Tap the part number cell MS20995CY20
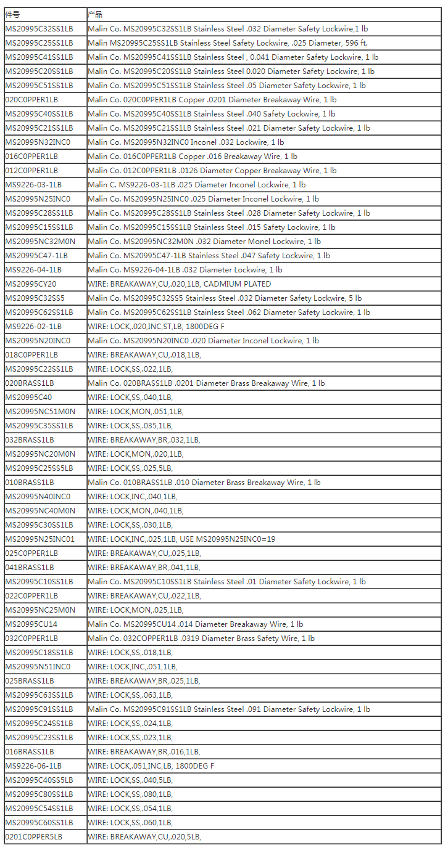coord(31,284)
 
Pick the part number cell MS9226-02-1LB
coord(33,327)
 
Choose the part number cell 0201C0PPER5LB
coord(34,837)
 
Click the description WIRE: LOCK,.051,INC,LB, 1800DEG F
coord(151,766)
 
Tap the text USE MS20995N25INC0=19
coord(228,539)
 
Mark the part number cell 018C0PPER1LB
coord(31,355)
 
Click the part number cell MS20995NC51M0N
coord(40,412)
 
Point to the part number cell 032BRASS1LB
coord(30,440)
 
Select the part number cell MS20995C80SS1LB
coord(39,794)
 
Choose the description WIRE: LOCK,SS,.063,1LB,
coord(130,695)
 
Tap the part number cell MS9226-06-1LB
coord(33,766)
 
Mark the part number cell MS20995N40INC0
coord(38,497)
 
